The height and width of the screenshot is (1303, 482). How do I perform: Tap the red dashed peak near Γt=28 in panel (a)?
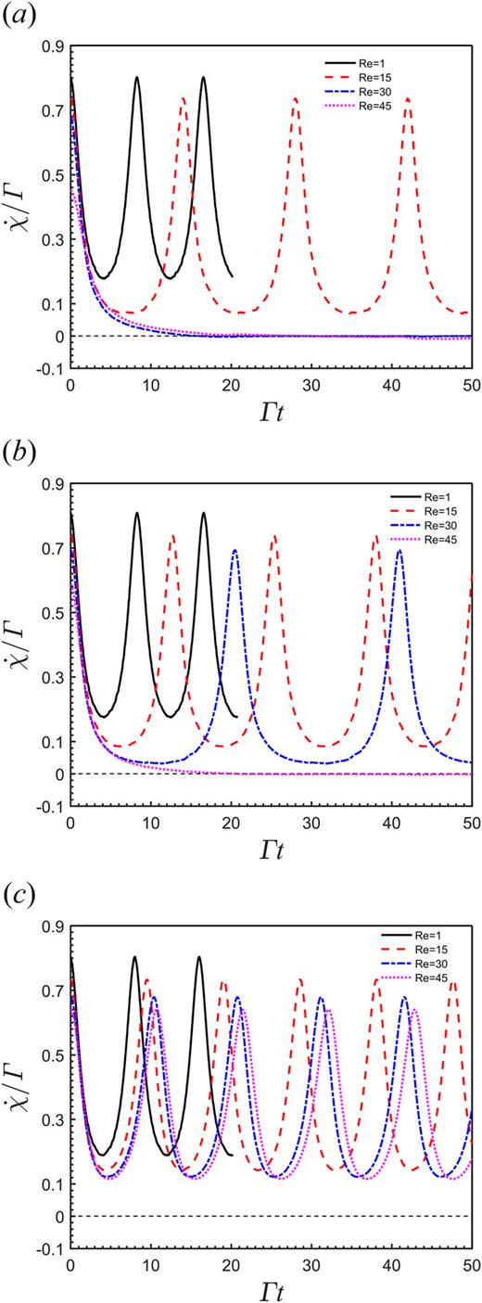(x=296, y=98)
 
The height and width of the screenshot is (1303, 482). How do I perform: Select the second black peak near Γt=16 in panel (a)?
(x=203, y=78)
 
